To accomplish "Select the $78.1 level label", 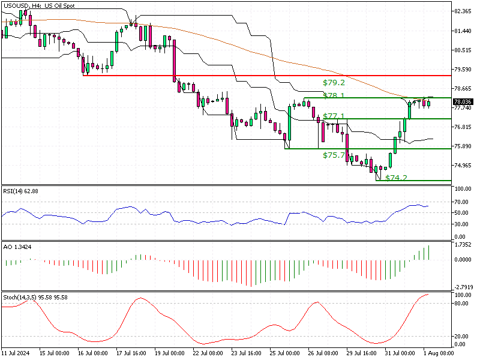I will (333, 95).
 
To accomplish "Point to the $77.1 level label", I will (333, 116).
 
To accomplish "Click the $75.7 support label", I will (333, 155).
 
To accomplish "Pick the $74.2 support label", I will (396, 178).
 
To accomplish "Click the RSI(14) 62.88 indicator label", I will (21, 191).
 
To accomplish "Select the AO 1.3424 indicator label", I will (18, 247).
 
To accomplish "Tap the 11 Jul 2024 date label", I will (15, 353).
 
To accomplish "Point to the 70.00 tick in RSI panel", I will (461, 202).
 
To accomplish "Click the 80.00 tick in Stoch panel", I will (461, 304).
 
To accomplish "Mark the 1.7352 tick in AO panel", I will (463, 244).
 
